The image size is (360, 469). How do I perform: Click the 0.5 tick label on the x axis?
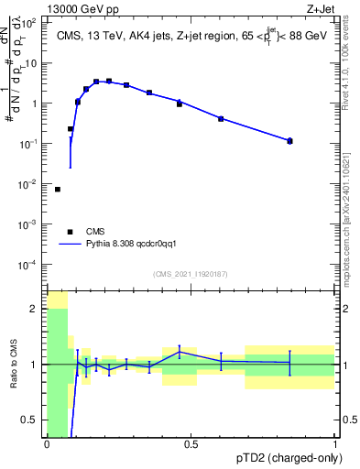click(x=191, y=445)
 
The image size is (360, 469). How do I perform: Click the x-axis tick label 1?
click(x=335, y=445)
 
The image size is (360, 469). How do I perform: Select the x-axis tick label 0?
click(x=47, y=445)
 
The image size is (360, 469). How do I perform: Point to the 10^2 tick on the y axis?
click(x=29, y=23)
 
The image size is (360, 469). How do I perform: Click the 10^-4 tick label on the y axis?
click(x=29, y=265)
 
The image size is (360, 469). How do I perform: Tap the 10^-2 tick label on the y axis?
click(x=29, y=184)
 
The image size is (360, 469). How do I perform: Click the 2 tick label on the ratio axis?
click(x=35, y=309)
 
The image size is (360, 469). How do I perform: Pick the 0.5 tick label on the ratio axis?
click(x=31, y=420)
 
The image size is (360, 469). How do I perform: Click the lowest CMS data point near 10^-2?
click(x=58, y=190)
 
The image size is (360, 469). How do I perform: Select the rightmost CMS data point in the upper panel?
click(x=289, y=140)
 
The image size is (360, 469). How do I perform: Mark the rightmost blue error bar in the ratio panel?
click(x=289, y=363)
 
